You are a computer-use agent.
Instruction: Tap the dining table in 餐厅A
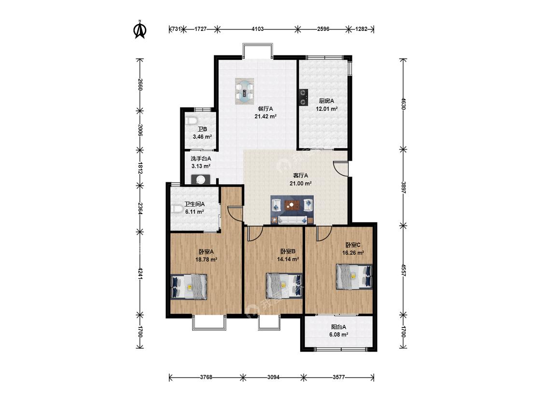(x=245, y=91)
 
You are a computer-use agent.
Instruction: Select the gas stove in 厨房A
(x=304, y=97)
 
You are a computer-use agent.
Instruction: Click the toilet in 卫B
(x=191, y=121)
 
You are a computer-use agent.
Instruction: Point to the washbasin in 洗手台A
(x=200, y=179)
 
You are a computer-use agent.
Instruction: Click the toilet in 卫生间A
(x=178, y=209)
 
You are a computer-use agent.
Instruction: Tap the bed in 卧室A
(x=189, y=286)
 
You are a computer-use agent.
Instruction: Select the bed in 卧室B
(x=284, y=286)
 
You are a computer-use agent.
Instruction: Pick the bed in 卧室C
(x=354, y=277)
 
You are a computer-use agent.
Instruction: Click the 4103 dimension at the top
(x=257, y=29)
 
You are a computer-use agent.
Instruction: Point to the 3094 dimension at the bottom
(x=273, y=377)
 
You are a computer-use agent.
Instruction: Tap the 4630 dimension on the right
(x=403, y=104)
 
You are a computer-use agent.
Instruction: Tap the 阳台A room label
(x=338, y=326)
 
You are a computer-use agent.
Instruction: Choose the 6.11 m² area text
(x=195, y=212)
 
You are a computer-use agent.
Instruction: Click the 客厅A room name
(x=301, y=176)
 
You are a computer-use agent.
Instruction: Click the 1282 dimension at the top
(x=361, y=29)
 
